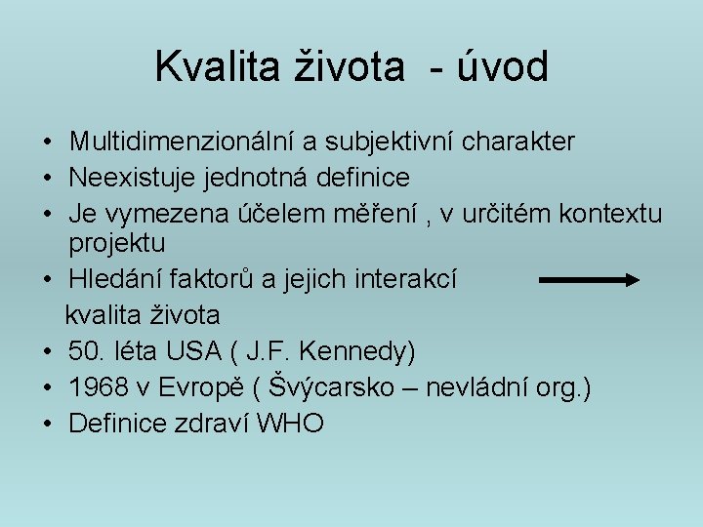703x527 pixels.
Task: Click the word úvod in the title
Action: click(501, 67)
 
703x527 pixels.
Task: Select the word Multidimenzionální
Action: click(181, 142)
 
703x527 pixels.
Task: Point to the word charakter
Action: click(518, 142)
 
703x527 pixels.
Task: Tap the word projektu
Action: click(117, 241)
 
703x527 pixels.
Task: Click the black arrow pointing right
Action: click(589, 280)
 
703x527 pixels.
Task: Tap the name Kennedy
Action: click(358, 350)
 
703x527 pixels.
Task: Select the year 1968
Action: click(98, 387)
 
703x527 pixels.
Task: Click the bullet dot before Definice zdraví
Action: click(47, 424)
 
